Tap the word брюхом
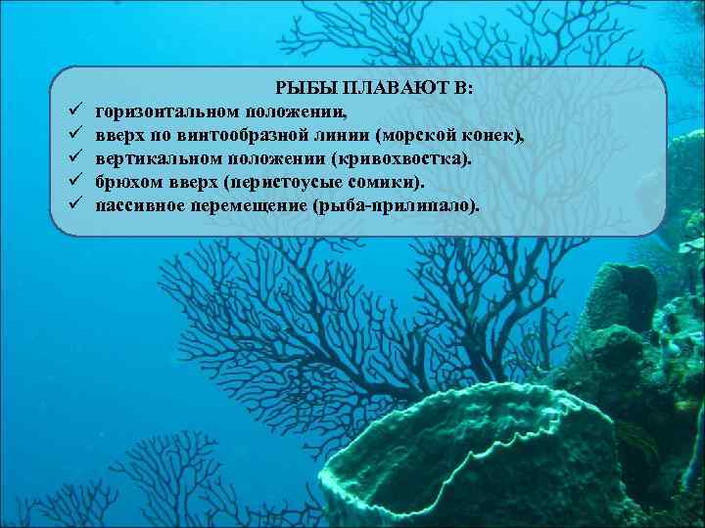123,182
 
